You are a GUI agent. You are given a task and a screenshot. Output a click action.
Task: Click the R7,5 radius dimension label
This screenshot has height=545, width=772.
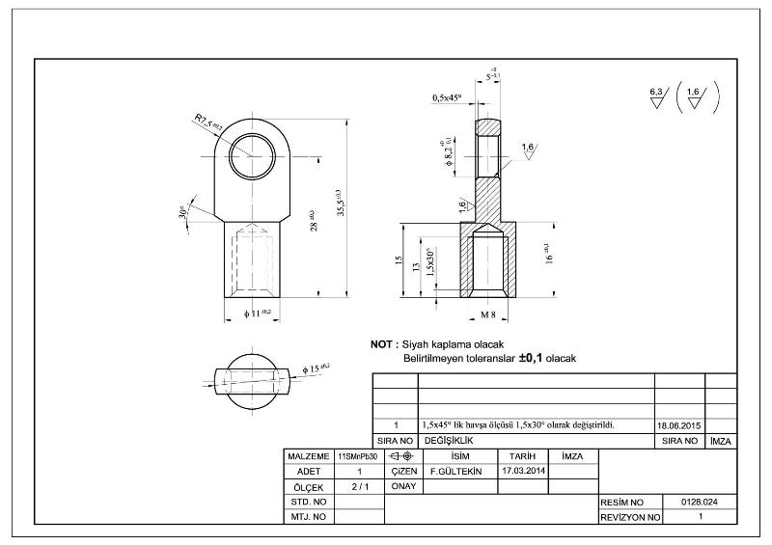[x=208, y=121]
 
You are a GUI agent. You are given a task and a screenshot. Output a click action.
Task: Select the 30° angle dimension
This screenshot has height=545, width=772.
[x=182, y=211]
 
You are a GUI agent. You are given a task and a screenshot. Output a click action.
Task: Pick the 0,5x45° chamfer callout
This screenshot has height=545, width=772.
[x=448, y=97]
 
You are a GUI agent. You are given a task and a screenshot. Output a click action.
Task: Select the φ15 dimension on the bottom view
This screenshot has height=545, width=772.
[x=316, y=368]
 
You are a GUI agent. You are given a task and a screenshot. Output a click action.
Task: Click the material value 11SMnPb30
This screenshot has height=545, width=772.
[x=358, y=455]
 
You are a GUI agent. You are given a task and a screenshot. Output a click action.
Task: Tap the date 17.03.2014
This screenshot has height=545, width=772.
[x=524, y=471]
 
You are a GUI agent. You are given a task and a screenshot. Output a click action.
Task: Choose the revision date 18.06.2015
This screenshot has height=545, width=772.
[x=679, y=424]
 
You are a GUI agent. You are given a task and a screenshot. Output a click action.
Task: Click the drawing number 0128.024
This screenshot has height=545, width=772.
[x=700, y=503]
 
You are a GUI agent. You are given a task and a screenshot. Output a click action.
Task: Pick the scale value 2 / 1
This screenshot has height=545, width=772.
[x=360, y=487]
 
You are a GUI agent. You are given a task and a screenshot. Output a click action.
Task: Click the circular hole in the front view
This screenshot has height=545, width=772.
[x=254, y=154]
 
